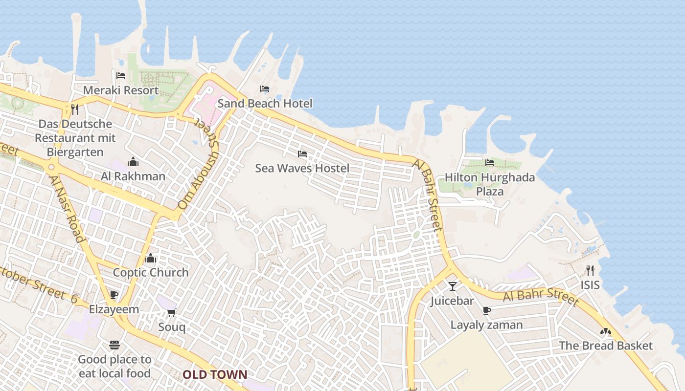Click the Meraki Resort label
coord(121,90)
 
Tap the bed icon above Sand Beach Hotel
coord(265,89)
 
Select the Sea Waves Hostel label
coord(302,169)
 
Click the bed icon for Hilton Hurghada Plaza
coord(489,163)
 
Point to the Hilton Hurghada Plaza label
coord(490,184)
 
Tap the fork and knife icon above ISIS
coord(590,270)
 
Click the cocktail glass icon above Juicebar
coord(453,286)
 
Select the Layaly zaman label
coord(486,325)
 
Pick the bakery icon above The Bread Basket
coord(606,331)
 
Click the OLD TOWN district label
coord(215,375)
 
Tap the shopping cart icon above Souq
coord(171,312)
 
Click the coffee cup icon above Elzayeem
coord(114,295)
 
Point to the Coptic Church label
coord(151,273)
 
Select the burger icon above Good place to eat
coord(114,345)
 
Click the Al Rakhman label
coord(133,176)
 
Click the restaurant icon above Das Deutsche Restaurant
coord(75,109)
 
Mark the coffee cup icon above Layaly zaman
coord(486,310)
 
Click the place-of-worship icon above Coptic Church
coord(151,258)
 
